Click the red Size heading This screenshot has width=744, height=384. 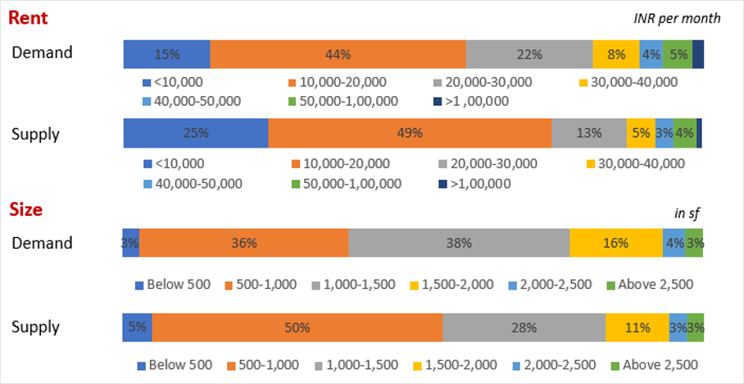[25, 210]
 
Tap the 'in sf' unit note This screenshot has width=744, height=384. [687, 213]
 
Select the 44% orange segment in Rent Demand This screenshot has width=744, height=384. [338, 54]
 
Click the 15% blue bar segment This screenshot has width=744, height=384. [166, 54]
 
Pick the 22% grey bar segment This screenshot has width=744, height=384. [529, 54]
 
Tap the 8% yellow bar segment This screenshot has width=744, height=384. [616, 54]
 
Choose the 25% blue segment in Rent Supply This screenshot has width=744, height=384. [195, 133]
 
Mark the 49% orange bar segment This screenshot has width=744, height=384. [410, 133]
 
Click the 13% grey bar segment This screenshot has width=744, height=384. [589, 133]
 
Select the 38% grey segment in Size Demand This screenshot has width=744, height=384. [459, 243]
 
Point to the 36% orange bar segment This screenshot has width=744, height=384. [244, 243]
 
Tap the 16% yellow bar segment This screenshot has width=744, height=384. [615, 243]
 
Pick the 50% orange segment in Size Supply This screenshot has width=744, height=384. [297, 327]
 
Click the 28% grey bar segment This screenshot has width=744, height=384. [524, 327]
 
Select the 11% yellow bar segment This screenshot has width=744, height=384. [637, 327]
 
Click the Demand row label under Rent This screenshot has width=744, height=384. [42, 53]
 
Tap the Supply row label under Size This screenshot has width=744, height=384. [35, 327]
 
